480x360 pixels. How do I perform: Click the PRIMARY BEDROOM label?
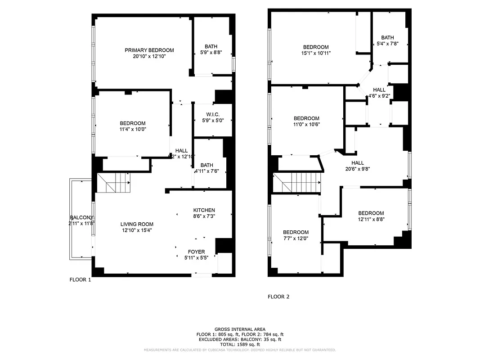point(149,50)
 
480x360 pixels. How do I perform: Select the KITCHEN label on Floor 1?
point(204,210)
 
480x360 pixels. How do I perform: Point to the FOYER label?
point(196,252)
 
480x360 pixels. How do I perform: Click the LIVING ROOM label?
point(137,224)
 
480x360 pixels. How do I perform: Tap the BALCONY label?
point(81,218)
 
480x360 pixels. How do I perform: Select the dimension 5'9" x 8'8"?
point(211,52)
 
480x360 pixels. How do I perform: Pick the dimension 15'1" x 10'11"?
point(315,53)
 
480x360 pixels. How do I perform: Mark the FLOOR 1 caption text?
point(80,279)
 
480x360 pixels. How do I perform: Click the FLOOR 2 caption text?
point(278,297)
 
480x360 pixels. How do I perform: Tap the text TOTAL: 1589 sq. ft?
point(240,344)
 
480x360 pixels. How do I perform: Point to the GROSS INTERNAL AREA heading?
point(240,329)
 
